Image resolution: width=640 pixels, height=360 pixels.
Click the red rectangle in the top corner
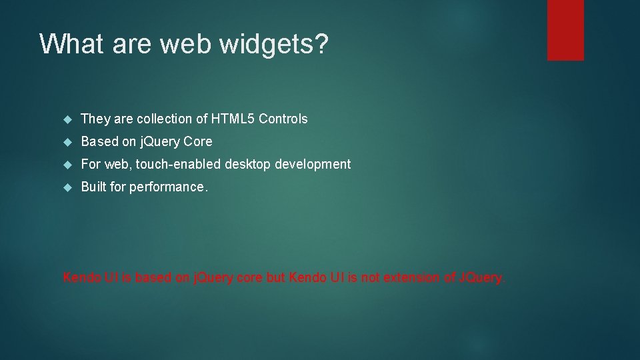click(x=565, y=30)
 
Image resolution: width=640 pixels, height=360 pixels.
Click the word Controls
click(x=283, y=119)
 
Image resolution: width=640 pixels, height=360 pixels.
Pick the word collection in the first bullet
click(x=166, y=119)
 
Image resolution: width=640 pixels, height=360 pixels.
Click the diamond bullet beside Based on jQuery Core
click(x=67, y=142)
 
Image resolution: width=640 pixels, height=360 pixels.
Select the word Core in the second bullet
click(x=199, y=142)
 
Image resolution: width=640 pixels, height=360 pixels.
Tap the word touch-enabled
click(x=178, y=164)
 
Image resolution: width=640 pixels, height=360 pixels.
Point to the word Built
click(x=93, y=187)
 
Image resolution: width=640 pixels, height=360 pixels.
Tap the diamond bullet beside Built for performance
click(x=67, y=187)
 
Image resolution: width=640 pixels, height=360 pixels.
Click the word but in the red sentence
click(x=276, y=277)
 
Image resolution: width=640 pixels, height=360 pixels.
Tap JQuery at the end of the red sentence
click(x=481, y=277)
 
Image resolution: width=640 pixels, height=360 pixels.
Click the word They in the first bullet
click(x=95, y=119)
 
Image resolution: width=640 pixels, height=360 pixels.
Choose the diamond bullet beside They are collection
click(x=67, y=119)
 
